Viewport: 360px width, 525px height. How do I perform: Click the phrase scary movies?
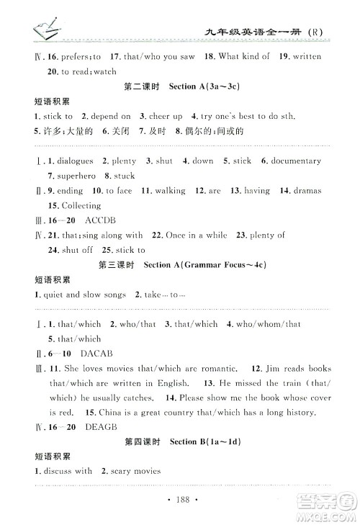pyautogui.click(x=135, y=471)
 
